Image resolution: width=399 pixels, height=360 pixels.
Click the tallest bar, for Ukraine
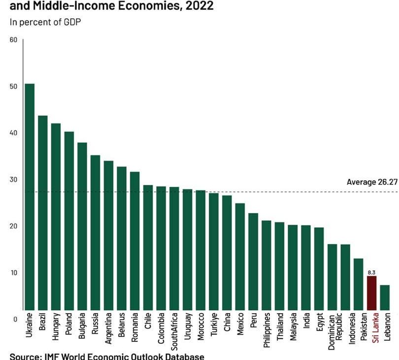(30, 197)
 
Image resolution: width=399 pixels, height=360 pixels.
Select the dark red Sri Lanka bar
(372, 293)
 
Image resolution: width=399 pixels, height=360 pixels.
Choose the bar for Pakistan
(359, 284)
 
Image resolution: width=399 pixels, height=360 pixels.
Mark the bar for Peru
(253, 262)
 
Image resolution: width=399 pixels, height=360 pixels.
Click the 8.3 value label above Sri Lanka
(372, 272)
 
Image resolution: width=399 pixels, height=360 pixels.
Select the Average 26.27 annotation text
(371, 182)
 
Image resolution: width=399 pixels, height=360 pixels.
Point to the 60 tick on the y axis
(13, 39)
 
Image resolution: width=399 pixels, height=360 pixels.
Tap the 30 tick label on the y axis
(13, 180)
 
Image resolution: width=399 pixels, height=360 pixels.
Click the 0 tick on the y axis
(15, 319)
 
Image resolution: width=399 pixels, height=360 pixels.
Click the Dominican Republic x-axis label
(335, 331)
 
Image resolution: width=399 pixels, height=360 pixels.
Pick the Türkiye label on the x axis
(214, 325)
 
